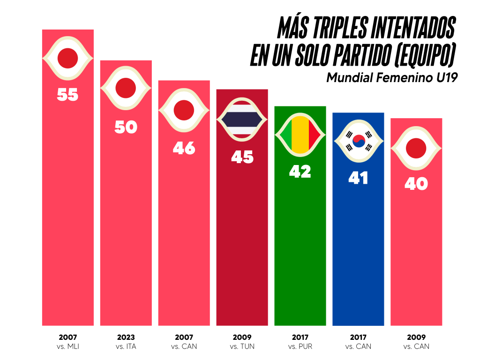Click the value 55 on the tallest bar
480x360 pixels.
(x=67, y=95)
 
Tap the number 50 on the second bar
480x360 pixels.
(x=126, y=127)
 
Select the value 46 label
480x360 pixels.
(x=184, y=148)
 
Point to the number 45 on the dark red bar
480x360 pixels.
(x=242, y=157)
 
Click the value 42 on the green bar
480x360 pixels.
(x=300, y=172)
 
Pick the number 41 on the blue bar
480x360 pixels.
(x=358, y=178)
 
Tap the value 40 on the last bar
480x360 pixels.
(x=416, y=184)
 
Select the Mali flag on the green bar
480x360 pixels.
(x=300, y=136)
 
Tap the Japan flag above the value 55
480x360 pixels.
(x=67, y=58)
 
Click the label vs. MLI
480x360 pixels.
(x=68, y=347)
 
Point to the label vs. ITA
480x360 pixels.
(x=126, y=347)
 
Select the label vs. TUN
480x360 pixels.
(x=242, y=347)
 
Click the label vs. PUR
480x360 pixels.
(x=300, y=347)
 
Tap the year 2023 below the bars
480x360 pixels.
(x=126, y=337)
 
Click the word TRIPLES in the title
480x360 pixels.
(x=336, y=29)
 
